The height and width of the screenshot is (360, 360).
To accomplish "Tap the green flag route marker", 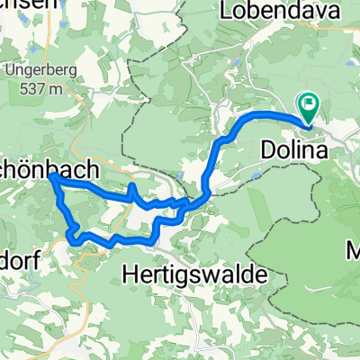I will click(x=309, y=109).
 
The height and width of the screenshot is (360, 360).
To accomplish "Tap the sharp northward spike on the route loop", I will click(x=132, y=186).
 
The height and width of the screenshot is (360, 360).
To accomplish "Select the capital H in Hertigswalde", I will click(x=129, y=271).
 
